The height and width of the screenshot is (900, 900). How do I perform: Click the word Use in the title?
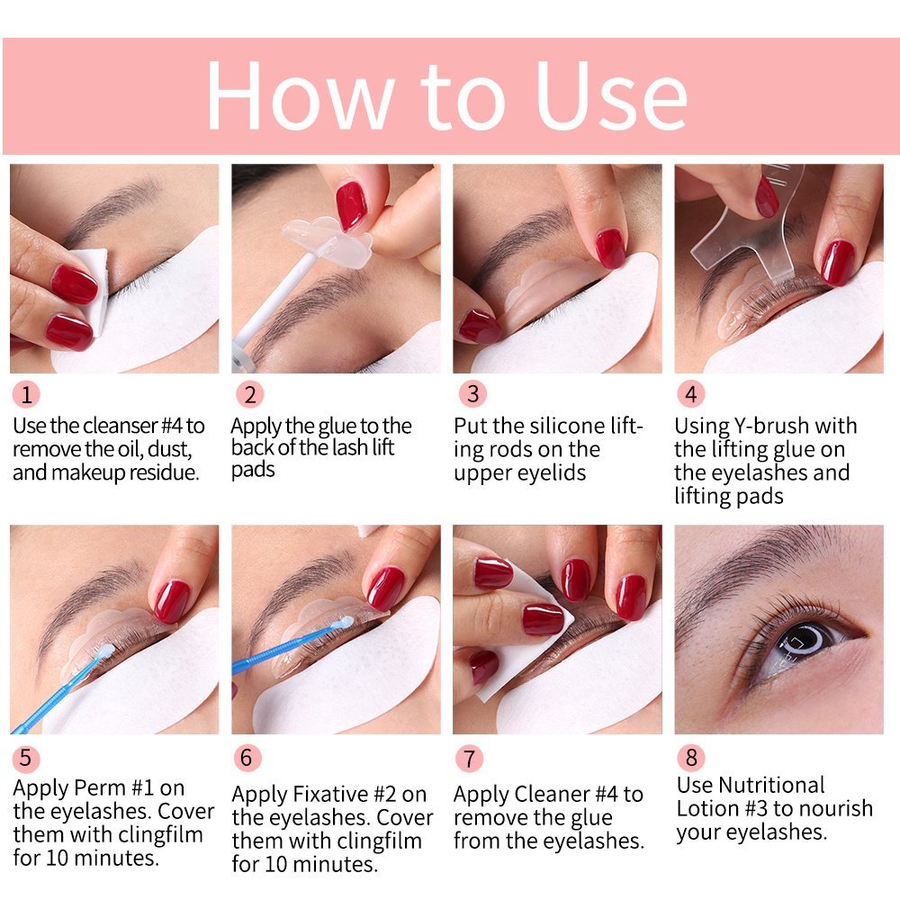point(612,96)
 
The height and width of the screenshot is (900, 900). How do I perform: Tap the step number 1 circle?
point(27,394)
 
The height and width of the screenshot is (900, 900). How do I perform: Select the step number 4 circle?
point(691,394)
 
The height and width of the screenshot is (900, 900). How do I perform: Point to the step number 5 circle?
point(25,757)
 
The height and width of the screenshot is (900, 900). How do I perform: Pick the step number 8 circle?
point(691,757)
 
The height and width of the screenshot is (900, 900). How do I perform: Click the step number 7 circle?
point(469,759)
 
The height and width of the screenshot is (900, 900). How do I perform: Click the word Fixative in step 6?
point(333,795)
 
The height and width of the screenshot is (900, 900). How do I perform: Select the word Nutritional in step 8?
point(751,785)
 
